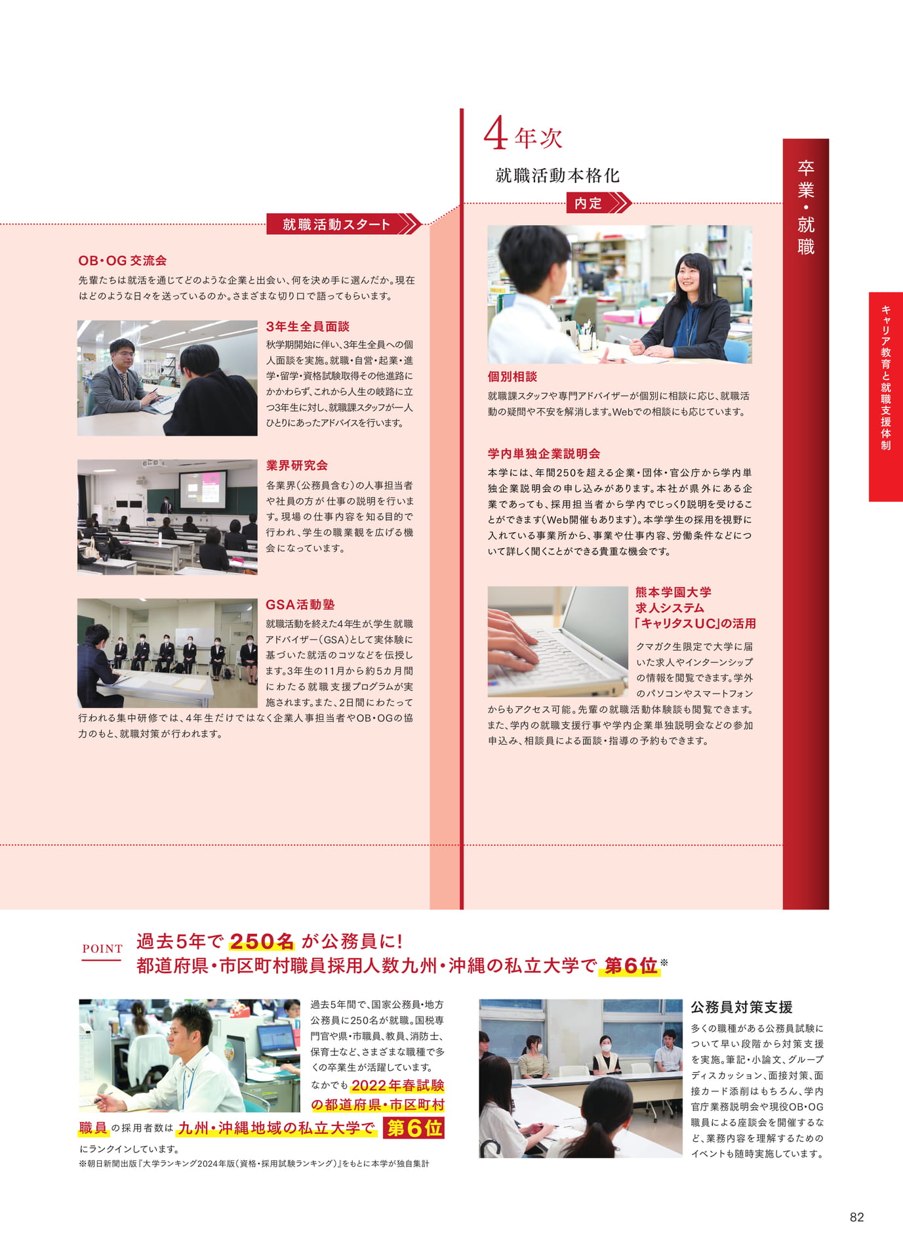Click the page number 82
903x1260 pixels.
pyautogui.click(x=856, y=1217)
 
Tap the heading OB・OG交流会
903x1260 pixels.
pyautogui.click(x=123, y=261)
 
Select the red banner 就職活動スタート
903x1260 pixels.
pyautogui.click(x=343, y=224)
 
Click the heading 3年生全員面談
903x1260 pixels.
pyautogui.click(x=308, y=327)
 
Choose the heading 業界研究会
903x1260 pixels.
pyautogui.click(x=297, y=465)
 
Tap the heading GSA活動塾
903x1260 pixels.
pyautogui.click(x=300, y=604)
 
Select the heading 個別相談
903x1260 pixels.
pyautogui.click(x=512, y=377)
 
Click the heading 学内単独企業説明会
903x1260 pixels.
pyautogui.click(x=544, y=453)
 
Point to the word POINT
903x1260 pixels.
pyautogui.click(x=102, y=948)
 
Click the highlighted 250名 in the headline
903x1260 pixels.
pyautogui.click(x=262, y=942)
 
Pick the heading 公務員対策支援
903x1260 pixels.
pyautogui.click(x=742, y=1007)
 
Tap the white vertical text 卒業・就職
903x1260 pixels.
pyautogui.click(x=806, y=207)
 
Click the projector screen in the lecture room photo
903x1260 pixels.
pyautogui.click(x=203, y=490)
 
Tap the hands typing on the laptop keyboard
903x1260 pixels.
pyautogui.click(x=514, y=639)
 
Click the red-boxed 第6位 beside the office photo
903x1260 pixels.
pyautogui.click(x=414, y=1127)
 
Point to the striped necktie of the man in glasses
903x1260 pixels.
pyautogui.click(x=125, y=387)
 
